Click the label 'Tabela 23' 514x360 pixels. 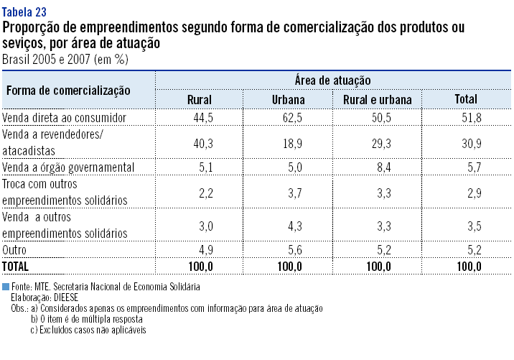[x=26, y=13]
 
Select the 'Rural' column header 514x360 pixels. [x=199, y=100]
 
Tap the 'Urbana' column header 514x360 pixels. [x=289, y=100]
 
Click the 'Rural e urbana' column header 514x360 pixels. [x=378, y=100]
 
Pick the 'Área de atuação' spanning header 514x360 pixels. [x=332, y=80]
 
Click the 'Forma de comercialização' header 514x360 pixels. [x=69, y=91]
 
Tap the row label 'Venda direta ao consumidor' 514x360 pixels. [x=65, y=117]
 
